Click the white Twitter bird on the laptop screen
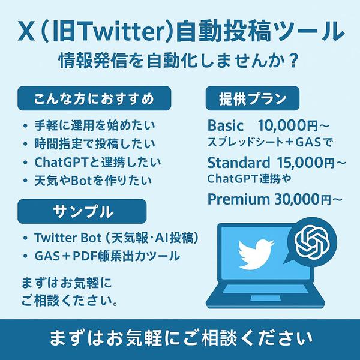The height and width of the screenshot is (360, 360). click(x=256, y=254)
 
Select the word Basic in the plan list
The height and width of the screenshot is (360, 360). click(x=225, y=126)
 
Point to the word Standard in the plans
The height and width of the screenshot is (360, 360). click(x=239, y=163)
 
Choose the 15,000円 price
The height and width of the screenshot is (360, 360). click(x=306, y=163)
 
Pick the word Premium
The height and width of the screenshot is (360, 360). click(x=239, y=199)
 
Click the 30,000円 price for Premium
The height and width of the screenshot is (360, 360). click(x=303, y=199)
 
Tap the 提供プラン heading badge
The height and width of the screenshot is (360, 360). click(x=253, y=98)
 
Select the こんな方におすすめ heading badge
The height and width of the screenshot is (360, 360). click(x=94, y=98)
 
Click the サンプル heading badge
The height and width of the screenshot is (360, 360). click(x=82, y=211)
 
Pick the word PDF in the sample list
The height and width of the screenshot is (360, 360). click(x=85, y=256)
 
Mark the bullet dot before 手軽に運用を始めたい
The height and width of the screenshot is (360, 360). click(x=25, y=126)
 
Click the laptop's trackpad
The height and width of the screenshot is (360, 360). click(x=265, y=298)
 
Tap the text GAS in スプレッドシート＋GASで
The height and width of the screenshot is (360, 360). click(x=308, y=142)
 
